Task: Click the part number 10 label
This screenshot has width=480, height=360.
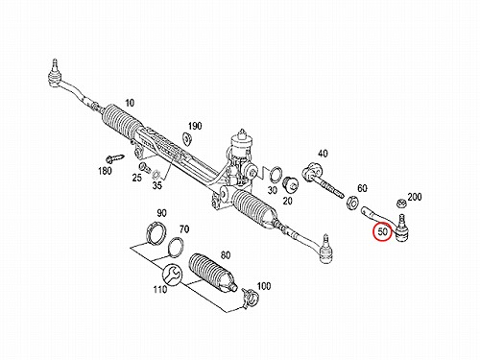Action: tap(130, 103)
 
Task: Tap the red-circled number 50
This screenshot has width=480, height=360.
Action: tap(383, 231)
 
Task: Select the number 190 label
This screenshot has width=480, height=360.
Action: tap(195, 126)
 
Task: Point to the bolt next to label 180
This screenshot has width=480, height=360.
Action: tap(114, 157)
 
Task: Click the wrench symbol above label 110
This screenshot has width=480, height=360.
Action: tap(172, 275)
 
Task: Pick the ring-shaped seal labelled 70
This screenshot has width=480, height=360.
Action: tap(176, 247)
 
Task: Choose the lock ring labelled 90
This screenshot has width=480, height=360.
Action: tap(156, 233)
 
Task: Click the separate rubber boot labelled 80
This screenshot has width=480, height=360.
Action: tap(213, 273)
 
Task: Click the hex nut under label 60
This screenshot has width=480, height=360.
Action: tap(352, 203)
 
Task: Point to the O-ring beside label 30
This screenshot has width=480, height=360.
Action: tap(276, 174)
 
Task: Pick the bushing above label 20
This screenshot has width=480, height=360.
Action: tap(291, 183)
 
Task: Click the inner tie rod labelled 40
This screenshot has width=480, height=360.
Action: tap(323, 180)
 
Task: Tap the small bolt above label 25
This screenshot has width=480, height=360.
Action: tap(143, 166)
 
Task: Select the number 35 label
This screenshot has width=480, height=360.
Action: tap(156, 185)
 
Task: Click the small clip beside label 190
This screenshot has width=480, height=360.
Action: tap(187, 139)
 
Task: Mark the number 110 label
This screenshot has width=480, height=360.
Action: tap(160, 290)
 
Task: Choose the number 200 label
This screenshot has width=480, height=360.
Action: tap(415, 197)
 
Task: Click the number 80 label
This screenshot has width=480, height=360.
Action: tap(226, 255)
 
